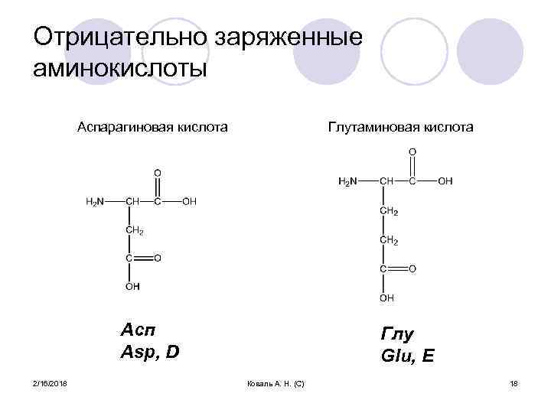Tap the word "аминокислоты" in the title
tap(121, 69)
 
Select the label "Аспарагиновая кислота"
tap(152, 126)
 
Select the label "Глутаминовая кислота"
tap(400, 126)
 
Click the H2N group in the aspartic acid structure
tap(95, 202)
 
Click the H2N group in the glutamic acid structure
tap(347, 181)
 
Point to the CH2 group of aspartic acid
tap(134, 230)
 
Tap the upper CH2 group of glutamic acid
tap(389, 210)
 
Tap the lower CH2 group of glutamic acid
tap(389, 240)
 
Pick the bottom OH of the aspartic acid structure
tap(133, 287)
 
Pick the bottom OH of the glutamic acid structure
tap(387, 298)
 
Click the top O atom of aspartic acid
tap(158, 172)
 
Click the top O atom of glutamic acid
tap(412, 151)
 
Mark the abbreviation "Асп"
tap(138, 330)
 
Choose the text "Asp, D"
tap(150, 353)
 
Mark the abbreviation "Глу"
tap(397, 334)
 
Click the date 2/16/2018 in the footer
tap(50, 382)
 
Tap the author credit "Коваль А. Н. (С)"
tap(276, 382)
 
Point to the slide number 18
tap(514, 382)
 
